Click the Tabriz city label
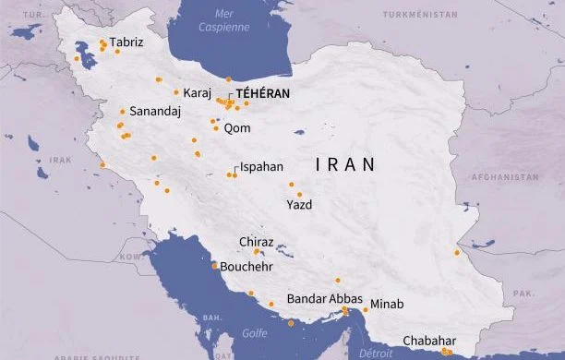126,42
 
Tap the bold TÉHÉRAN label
263,93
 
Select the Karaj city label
198,93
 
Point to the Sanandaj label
155,111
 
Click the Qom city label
236,128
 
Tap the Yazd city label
299,205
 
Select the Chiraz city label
257,242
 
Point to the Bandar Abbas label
325,299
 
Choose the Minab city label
387,304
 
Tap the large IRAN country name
346,165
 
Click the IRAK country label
61,160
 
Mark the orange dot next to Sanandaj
122,112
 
